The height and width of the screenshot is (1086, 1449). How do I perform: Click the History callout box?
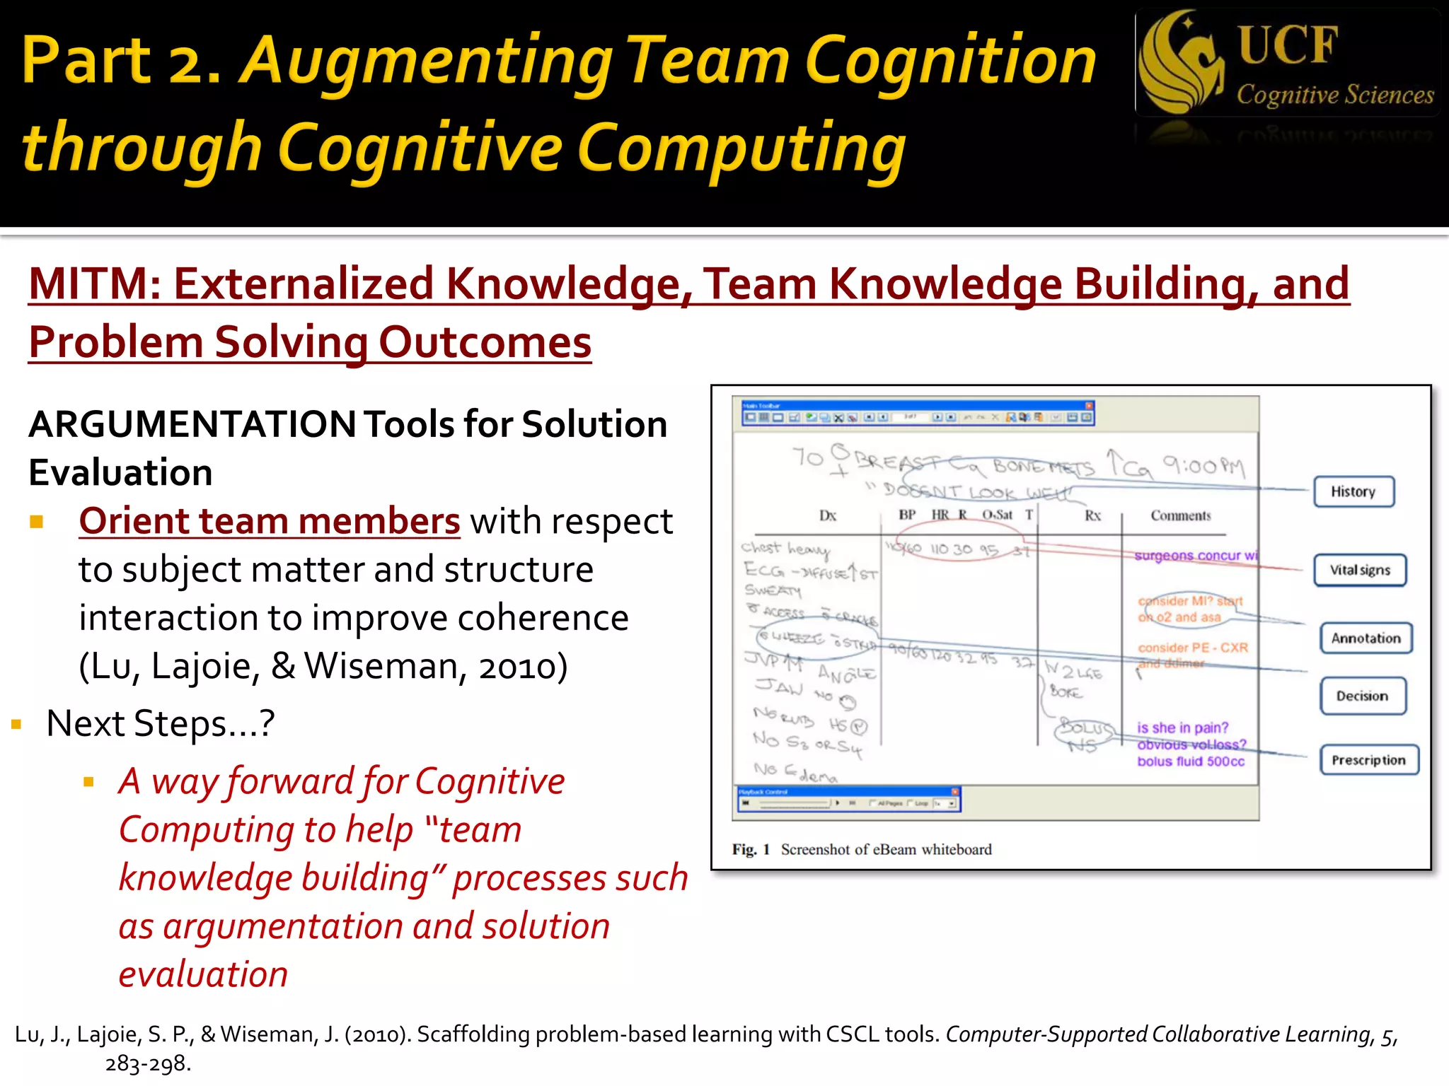tap(1353, 492)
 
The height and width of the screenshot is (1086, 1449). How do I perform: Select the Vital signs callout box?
tap(1360, 571)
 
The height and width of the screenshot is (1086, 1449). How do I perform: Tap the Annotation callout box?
tap(1366, 638)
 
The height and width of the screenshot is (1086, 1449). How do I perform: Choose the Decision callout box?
tap(1362, 696)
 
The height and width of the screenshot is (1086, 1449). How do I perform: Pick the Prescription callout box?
tap(1368, 761)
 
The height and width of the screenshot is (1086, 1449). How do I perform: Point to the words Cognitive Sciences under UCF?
tap(1334, 95)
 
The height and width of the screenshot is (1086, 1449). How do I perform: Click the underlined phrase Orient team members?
tap(270, 522)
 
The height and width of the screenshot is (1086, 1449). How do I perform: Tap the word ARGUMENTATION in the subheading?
tap(192, 424)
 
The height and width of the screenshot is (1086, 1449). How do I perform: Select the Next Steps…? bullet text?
tap(160, 724)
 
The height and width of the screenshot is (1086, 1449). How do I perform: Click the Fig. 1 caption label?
tap(751, 850)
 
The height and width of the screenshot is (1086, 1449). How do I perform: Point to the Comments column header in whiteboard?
tap(1180, 515)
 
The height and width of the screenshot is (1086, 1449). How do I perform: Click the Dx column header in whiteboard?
tap(827, 515)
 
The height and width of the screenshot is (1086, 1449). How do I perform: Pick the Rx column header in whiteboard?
tap(1092, 515)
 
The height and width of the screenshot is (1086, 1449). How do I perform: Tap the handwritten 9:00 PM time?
tap(1203, 465)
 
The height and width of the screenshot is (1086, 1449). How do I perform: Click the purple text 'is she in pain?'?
tap(1182, 728)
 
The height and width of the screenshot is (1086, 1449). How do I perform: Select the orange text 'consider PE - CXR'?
tap(1192, 648)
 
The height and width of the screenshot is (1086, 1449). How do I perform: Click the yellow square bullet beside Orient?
tap(37, 522)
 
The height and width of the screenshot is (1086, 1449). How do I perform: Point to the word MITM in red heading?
tap(88, 284)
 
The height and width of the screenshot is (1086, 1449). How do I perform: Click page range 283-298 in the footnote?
tap(148, 1063)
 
